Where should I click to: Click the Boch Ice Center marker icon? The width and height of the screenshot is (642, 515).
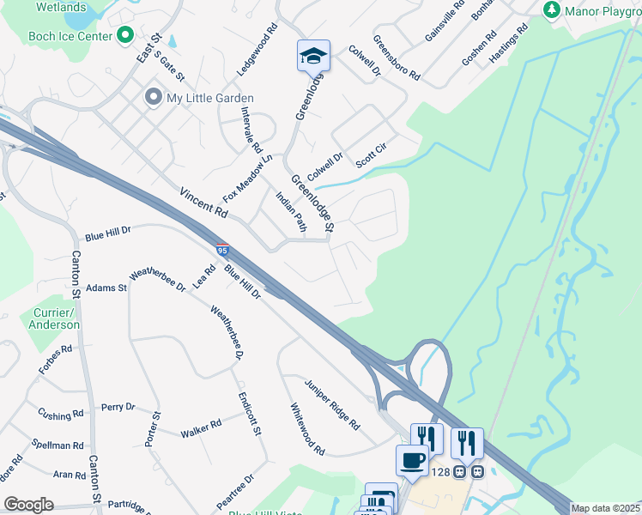125,36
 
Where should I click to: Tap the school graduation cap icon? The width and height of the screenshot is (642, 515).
312,57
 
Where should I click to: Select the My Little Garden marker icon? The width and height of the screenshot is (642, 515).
154,97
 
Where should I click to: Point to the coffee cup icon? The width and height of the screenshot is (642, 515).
412,460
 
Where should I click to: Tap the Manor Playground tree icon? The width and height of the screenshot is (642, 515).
552,10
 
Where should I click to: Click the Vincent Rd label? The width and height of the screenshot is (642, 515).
204,203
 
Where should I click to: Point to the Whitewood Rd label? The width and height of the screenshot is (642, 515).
307,429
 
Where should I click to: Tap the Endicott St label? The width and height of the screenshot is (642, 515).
250,415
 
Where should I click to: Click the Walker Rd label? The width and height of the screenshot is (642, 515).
201,427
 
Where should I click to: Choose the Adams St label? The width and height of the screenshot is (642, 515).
106,288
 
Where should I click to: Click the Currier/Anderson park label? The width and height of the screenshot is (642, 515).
54,318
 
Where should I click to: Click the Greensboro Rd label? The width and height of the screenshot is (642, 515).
396,58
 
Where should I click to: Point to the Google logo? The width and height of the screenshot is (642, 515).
28,505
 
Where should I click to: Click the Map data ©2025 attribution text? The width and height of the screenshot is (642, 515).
606,508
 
